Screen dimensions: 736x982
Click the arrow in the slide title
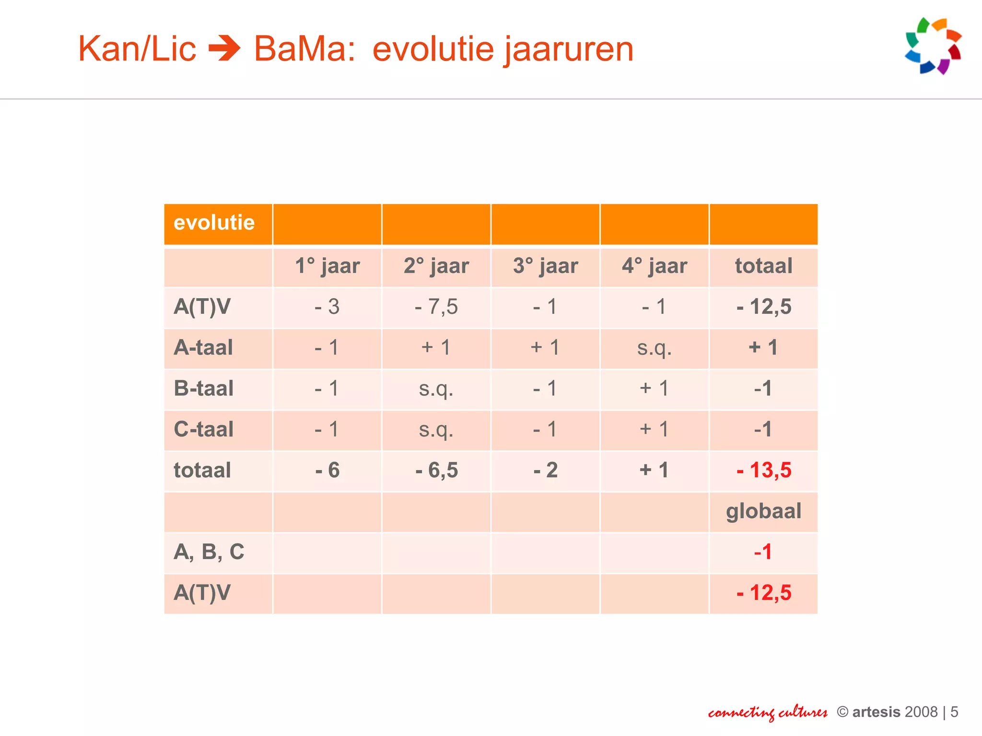(x=224, y=49)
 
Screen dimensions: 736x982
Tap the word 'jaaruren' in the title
(x=568, y=50)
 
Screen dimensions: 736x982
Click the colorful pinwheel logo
(x=933, y=46)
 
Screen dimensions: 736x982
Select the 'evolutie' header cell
(x=214, y=223)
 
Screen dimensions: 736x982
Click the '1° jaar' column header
(x=327, y=266)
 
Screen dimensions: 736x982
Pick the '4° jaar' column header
(x=655, y=266)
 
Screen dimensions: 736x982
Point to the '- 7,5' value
(x=436, y=307)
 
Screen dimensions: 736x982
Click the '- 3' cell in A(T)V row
(x=327, y=307)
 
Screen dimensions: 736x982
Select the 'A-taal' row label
(x=203, y=347)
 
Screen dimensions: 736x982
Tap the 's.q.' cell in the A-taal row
(x=655, y=348)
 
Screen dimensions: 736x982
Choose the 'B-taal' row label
(x=203, y=388)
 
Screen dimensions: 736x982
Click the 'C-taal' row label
(x=203, y=429)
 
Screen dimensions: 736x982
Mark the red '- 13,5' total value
(x=764, y=470)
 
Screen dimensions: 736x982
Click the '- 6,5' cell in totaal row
(x=436, y=470)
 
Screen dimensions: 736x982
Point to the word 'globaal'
(x=764, y=511)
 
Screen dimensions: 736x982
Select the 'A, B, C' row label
(x=209, y=552)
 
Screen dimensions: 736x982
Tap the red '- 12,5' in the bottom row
(x=764, y=593)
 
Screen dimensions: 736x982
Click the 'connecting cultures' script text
(x=768, y=713)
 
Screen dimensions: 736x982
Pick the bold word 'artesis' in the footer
(x=876, y=712)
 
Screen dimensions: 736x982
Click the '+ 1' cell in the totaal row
(x=655, y=470)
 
